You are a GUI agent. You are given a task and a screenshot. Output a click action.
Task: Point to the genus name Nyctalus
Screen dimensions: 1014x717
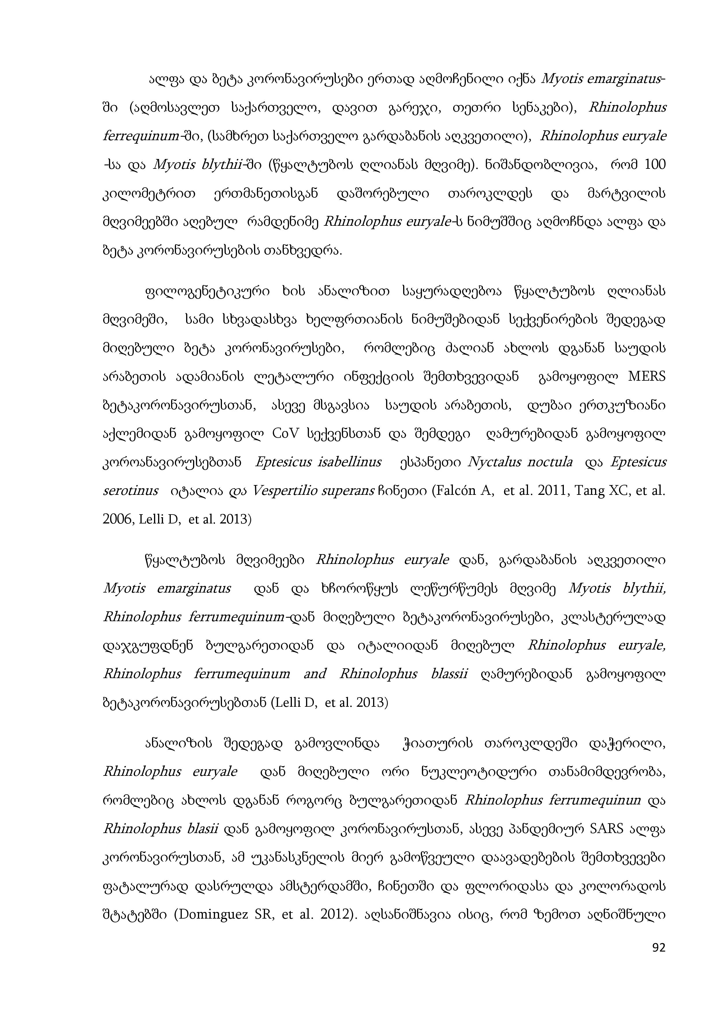[490, 462]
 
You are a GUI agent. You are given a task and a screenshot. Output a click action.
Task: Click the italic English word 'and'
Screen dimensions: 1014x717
[315, 673]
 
